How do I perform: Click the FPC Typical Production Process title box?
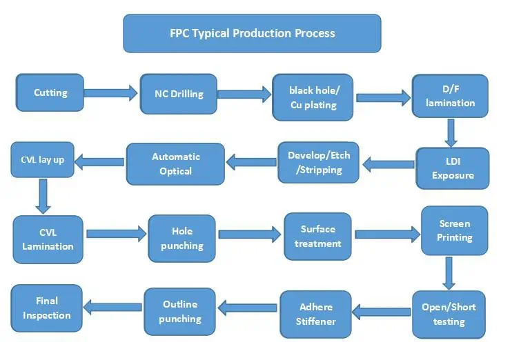point(252,33)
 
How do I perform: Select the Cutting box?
point(50,92)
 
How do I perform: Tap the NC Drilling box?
point(173,93)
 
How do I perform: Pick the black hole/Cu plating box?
point(313,97)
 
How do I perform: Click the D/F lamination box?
point(450,96)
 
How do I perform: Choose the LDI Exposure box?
point(453,168)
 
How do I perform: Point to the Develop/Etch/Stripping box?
point(318,162)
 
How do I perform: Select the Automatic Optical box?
point(175,163)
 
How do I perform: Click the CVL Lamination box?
point(48,239)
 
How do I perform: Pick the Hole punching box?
point(182,238)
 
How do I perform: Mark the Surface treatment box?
point(317,237)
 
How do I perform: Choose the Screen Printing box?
point(454,230)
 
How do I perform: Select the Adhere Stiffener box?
point(315,314)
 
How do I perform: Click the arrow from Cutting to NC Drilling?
point(111,92)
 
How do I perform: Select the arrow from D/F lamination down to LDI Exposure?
point(451,132)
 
